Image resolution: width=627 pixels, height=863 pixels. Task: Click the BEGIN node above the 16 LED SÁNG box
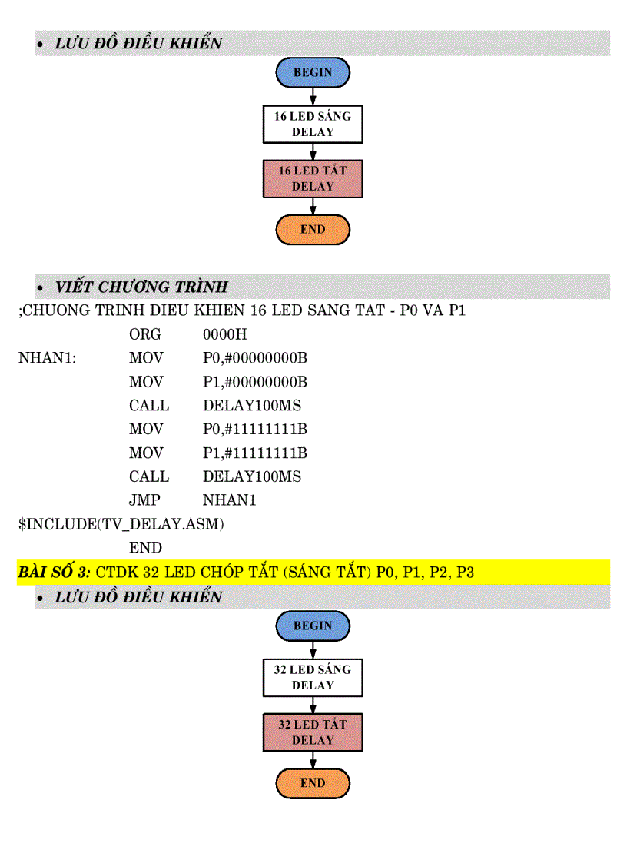tap(313, 72)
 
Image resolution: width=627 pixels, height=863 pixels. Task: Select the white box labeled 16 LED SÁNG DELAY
tap(313, 124)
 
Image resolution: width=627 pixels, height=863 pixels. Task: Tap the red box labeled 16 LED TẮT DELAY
tap(313, 178)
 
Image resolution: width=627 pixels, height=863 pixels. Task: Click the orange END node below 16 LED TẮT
tap(313, 230)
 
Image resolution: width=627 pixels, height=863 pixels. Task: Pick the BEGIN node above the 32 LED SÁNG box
tap(313, 626)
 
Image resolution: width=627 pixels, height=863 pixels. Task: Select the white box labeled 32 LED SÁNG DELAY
tap(313, 678)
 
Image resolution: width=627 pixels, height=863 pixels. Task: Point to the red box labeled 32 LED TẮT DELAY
tap(313, 732)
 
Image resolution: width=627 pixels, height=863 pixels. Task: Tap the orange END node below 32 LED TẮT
tap(313, 783)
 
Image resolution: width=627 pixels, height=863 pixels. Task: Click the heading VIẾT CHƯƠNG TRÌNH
tap(141, 287)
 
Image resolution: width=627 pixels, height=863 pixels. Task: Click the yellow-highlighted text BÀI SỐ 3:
tap(54, 573)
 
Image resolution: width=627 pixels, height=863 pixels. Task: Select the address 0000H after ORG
tap(224, 335)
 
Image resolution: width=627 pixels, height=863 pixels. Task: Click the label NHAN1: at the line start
tap(47, 359)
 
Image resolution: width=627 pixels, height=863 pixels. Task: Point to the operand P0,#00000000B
tap(255, 359)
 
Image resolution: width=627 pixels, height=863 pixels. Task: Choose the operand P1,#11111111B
tap(255, 453)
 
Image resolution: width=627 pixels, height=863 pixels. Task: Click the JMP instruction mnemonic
tap(144, 500)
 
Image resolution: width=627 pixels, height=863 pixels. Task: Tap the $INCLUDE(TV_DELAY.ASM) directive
tap(121, 524)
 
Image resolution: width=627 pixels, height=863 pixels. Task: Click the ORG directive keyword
tap(145, 335)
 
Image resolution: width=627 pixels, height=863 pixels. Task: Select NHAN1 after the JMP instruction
tap(229, 500)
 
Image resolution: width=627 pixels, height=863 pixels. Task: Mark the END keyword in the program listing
tap(145, 548)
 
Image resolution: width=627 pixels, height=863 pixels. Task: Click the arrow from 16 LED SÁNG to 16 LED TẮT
tap(313, 152)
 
